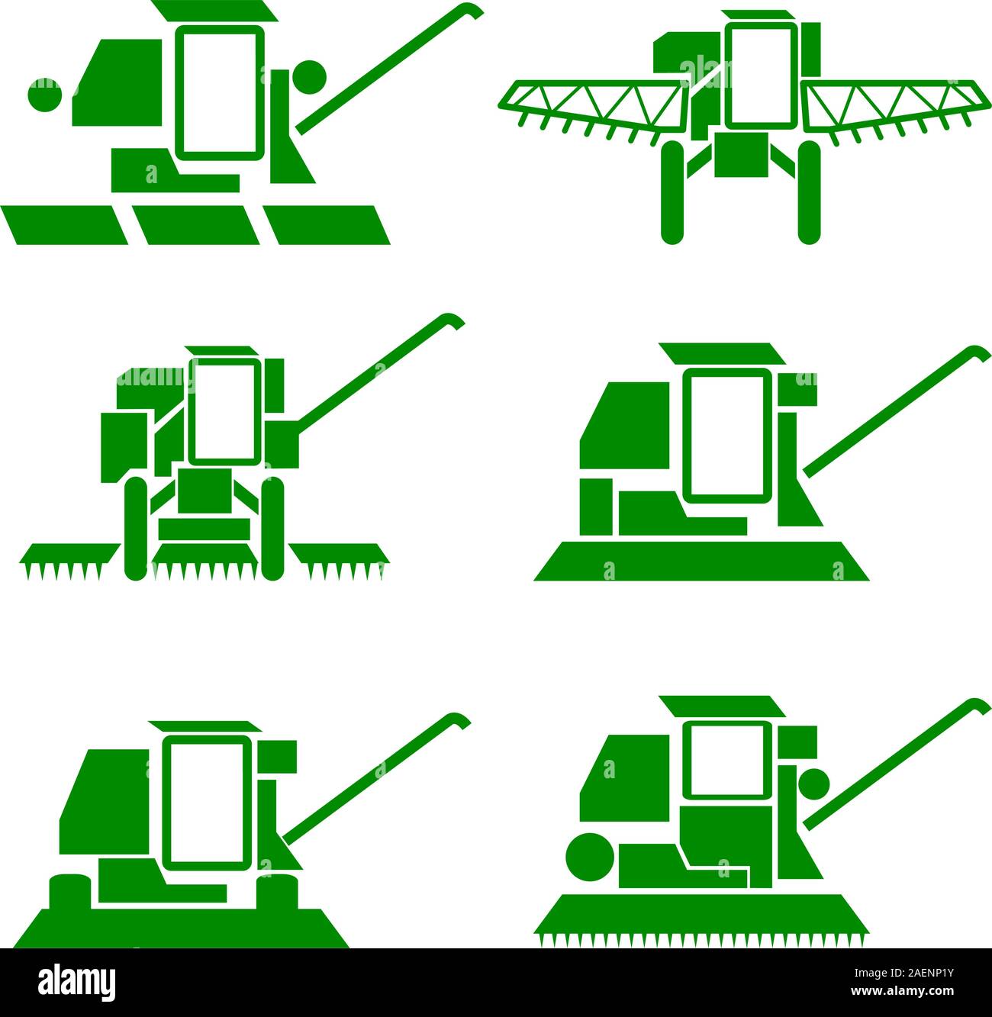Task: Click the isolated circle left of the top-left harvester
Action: (x=45, y=95)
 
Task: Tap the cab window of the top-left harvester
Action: (x=220, y=91)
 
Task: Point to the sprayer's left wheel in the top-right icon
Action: (x=672, y=192)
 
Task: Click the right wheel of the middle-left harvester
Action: (x=272, y=529)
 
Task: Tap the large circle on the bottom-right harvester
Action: (x=590, y=858)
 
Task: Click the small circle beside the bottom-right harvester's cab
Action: (x=814, y=784)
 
